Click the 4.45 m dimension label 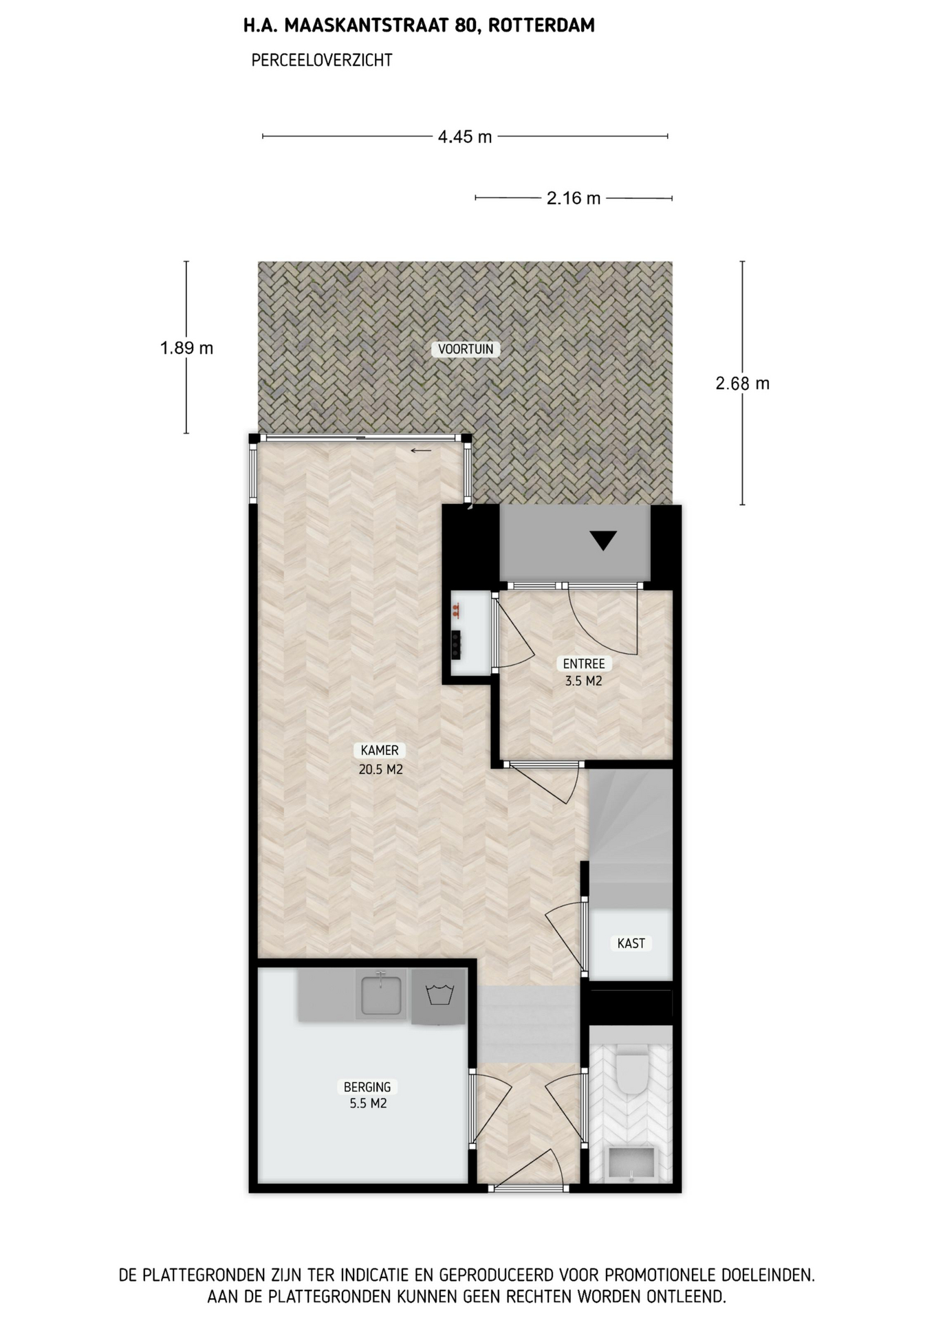tap(465, 137)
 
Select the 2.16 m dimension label tap(574, 199)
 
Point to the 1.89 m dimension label tap(186, 349)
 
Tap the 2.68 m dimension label tap(742, 384)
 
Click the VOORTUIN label tap(466, 349)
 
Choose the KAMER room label tap(380, 751)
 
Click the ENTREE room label tap(584, 663)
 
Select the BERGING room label tap(367, 1087)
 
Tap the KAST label tap(631, 943)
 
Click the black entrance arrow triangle tap(603, 540)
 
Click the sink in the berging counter tap(381, 994)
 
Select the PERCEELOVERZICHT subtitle tap(322, 60)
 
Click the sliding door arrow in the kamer tap(421, 451)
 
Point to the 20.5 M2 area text tap(380, 769)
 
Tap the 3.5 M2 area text tap(584, 681)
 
